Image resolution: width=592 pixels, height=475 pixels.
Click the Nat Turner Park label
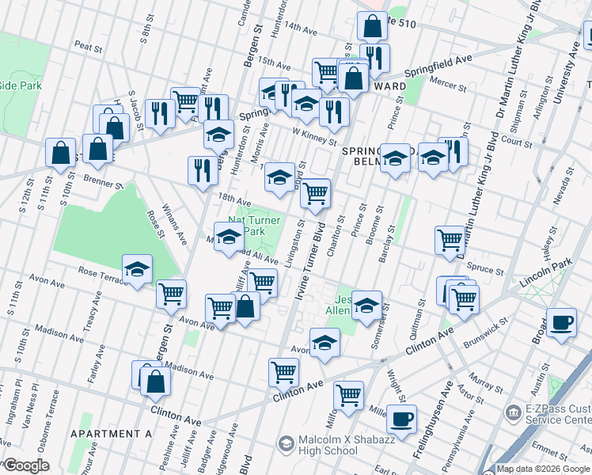point(254,225)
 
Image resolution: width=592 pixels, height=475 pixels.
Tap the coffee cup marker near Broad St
point(561,323)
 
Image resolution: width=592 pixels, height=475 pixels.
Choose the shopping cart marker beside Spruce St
point(450,238)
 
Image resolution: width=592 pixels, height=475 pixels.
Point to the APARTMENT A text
point(111,434)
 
